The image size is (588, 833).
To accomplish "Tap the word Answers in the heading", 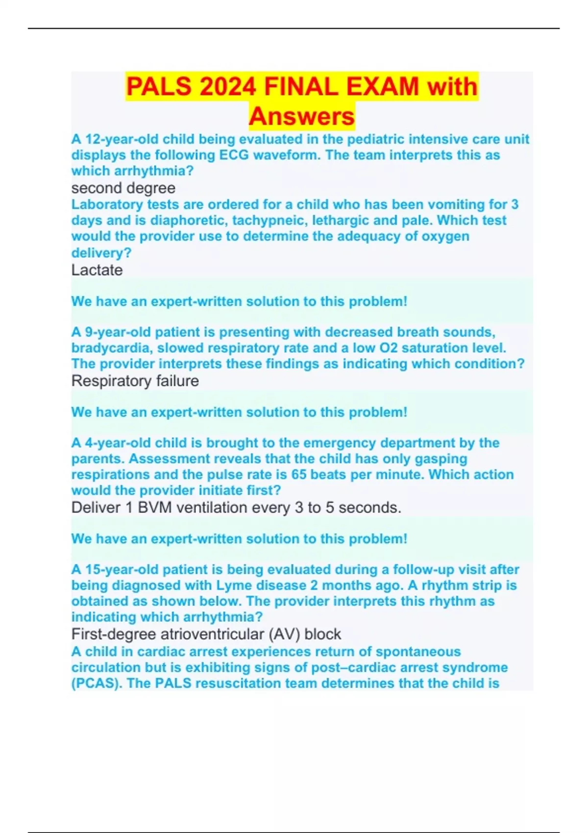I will coord(301,117).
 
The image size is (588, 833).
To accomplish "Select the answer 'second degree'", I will coord(123,188).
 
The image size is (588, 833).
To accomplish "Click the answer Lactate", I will coord(97,270).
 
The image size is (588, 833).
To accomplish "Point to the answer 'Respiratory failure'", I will coord(135,381).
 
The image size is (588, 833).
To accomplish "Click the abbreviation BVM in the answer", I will coord(154,508).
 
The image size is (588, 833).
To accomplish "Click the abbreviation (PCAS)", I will coord(97,684).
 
